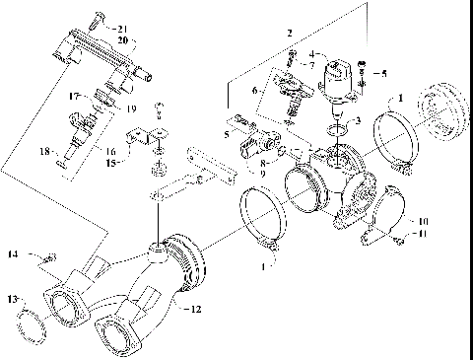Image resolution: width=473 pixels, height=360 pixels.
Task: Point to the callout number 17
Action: click(x=74, y=96)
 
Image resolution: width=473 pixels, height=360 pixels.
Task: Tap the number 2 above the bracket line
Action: click(x=289, y=34)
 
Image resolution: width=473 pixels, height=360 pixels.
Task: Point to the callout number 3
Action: click(x=357, y=120)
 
